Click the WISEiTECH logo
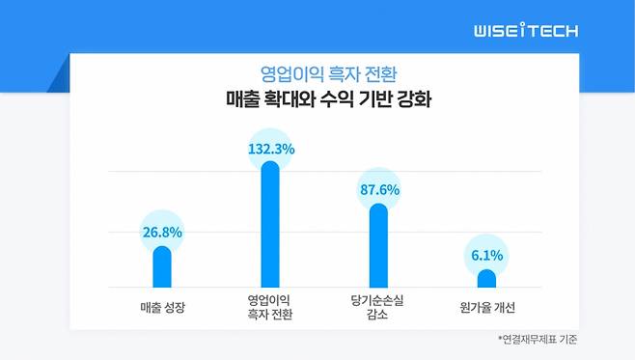point(526,31)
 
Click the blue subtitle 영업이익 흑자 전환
point(317,73)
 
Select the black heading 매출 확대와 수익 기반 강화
point(317,99)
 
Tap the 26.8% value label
point(161,232)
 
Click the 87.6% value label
point(378,190)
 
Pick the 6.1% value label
point(486,257)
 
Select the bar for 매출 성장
point(161,267)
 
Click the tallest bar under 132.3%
point(270,227)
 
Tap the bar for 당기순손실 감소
point(378,247)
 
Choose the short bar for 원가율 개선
point(486,279)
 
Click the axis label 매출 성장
point(161,307)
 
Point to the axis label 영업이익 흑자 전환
point(270,307)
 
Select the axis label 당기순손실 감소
point(378,307)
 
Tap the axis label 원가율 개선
point(486,307)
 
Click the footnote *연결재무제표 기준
point(537,340)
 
